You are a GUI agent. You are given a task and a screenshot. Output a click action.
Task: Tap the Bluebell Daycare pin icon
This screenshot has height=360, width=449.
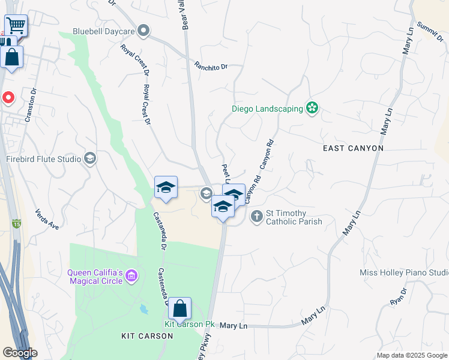(x=143, y=30)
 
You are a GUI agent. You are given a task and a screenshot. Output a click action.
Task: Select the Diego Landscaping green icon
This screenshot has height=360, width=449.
(x=312, y=109)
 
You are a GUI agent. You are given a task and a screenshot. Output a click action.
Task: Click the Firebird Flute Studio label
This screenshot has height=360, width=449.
(x=44, y=159)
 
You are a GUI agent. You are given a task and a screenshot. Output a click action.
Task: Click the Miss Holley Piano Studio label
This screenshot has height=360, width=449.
(x=403, y=272)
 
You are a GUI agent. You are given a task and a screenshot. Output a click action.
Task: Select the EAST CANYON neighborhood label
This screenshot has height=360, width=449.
(x=352, y=148)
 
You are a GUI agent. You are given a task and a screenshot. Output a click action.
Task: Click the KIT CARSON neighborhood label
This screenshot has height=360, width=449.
(x=147, y=336)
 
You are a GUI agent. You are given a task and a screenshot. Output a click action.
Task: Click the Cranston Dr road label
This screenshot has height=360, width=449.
(x=31, y=106)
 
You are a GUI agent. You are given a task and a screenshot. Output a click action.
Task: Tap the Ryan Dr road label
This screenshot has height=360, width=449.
(x=398, y=296)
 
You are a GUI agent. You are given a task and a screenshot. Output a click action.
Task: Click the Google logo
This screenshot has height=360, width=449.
(x=20, y=353)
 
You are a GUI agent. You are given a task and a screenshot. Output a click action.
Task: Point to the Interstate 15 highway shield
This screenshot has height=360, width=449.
(x=15, y=223)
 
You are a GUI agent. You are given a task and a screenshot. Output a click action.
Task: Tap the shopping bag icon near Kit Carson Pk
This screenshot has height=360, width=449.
(x=179, y=309)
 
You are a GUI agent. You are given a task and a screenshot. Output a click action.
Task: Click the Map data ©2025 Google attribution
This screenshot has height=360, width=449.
(x=411, y=355)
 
